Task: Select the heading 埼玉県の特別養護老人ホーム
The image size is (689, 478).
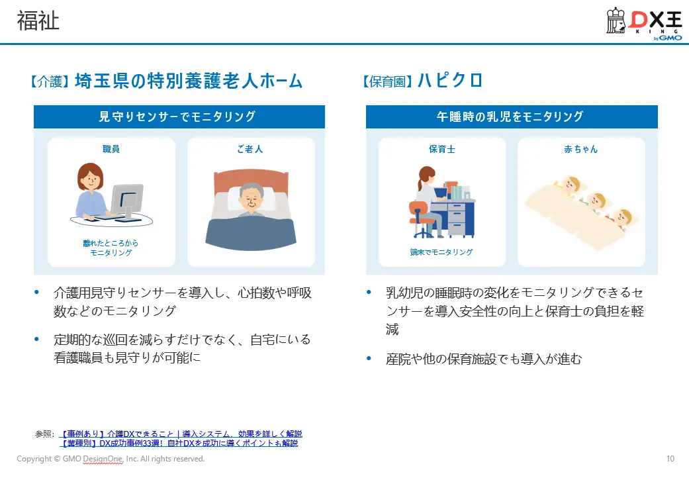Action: tap(189, 81)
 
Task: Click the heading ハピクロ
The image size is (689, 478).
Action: tap(450, 81)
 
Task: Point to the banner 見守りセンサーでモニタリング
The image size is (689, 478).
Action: tap(179, 117)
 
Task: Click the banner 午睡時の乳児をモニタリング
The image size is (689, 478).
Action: tap(511, 117)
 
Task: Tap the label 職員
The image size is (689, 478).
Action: tap(111, 149)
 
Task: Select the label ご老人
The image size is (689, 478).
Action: tap(250, 149)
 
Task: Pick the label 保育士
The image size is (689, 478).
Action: tap(441, 149)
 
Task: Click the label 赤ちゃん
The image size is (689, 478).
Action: tap(580, 149)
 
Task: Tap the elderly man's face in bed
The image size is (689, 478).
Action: tap(250, 197)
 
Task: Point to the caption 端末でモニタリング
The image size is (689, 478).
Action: tap(441, 252)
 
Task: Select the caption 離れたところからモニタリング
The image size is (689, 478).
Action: tap(111, 248)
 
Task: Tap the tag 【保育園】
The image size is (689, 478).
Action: tap(388, 82)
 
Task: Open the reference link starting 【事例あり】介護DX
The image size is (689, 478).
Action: tap(180, 434)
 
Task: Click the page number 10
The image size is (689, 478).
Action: tap(670, 459)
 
